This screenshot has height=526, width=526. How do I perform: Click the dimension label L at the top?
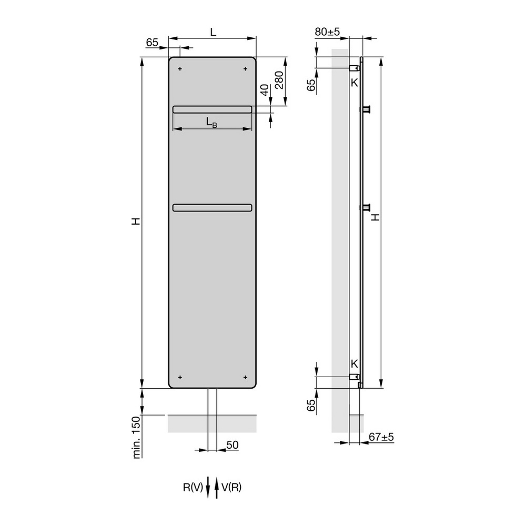[213, 32]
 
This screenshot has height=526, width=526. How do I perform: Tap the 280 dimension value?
[279, 80]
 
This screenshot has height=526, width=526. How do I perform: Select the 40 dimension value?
[265, 90]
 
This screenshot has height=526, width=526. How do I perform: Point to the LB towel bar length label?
[211, 122]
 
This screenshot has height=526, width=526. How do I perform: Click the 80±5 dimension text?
[327, 32]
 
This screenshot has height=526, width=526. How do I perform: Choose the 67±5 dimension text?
[381, 437]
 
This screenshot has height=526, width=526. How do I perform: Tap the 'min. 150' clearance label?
[137, 438]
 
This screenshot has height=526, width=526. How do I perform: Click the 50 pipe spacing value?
[232, 445]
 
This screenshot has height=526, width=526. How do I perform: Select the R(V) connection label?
[193, 487]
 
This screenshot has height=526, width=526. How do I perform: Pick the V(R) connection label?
[231, 487]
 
